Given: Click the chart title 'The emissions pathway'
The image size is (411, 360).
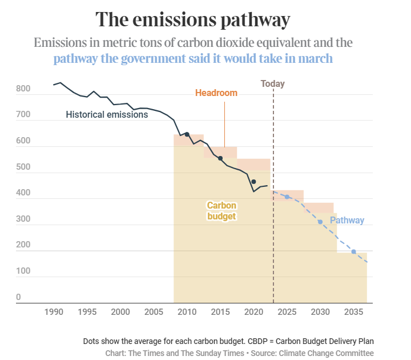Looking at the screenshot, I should tap(193, 19).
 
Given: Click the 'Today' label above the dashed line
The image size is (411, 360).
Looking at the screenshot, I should tap(272, 83).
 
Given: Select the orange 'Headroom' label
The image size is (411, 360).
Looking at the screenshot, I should tap(216, 93).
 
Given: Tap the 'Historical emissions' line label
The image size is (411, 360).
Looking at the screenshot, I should tap(107, 114).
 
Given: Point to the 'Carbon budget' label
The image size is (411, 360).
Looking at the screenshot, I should tap(221, 210).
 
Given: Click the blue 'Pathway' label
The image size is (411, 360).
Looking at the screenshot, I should tap(346, 220).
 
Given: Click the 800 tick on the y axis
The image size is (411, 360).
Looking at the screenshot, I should tap(23, 89).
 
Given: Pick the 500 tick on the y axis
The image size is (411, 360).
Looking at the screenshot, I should tap(23, 167).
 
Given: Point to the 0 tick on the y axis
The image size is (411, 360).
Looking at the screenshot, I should tap(18, 297).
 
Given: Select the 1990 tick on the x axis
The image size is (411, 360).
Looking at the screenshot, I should tap(54, 312).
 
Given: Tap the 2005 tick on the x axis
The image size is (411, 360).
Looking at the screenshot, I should tap(154, 312).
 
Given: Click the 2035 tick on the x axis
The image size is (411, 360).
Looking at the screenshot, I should tap(353, 312).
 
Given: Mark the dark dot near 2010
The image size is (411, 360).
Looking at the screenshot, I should tap(187, 134).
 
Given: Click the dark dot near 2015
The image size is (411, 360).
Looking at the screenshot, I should tap(220, 158).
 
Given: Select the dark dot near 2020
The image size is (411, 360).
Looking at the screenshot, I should tap(253, 182).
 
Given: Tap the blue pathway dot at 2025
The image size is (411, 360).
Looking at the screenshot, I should tap(287, 197).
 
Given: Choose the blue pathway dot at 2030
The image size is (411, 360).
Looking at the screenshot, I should tap(320, 222).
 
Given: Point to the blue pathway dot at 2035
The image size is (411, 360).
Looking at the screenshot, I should tap(353, 251).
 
